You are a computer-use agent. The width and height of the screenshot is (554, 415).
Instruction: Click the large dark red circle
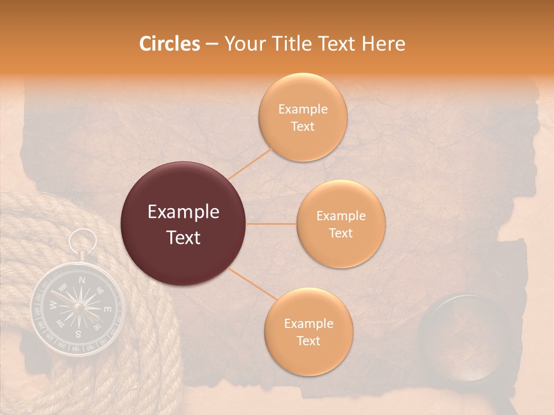pyautogui.click(x=184, y=224)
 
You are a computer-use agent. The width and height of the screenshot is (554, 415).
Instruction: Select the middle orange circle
pyautogui.click(x=340, y=224)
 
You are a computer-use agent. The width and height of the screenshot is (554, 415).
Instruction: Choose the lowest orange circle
pyautogui.click(x=308, y=331)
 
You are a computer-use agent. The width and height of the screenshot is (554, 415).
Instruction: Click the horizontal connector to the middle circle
pyautogui.click(x=271, y=224)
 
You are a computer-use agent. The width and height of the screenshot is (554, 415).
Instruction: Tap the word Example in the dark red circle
pyautogui.click(x=184, y=212)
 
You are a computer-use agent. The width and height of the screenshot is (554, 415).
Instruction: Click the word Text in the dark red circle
pyautogui.click(x=184, y=237)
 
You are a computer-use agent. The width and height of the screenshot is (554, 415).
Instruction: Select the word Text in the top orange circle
pyautogui.click(x=302, y=126)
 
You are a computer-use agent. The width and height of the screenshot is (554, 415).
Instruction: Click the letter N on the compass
pyautogui.click(x=82, y=281)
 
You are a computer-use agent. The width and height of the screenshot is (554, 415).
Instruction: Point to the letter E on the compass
pyautogui.click(x=107, y=310)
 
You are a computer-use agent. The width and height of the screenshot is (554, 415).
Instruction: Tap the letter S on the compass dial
pyautogui.click(x=78, y=334)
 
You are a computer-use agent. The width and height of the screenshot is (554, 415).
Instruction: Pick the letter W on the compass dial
pyautogui.click(x=53, y=304)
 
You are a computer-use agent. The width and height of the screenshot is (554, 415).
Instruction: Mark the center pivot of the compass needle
pyautogui.click(x=77, y=307)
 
